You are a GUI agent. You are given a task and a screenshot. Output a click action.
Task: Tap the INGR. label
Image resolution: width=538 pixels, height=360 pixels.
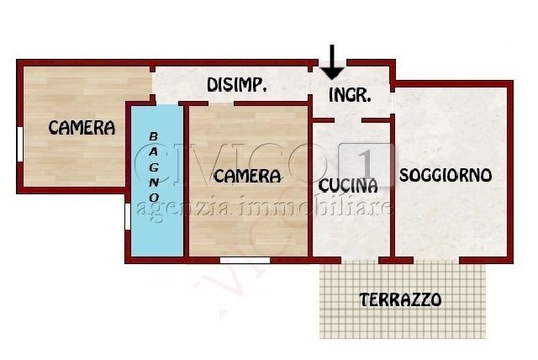coord(350,94)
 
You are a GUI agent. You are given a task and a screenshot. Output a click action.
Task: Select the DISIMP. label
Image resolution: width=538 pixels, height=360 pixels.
coord(237,85)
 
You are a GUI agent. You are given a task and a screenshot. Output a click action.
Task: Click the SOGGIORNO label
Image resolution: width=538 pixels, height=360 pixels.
coord(446,176)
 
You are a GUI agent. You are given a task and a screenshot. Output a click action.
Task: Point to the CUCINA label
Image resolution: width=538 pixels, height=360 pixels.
coord(348,185)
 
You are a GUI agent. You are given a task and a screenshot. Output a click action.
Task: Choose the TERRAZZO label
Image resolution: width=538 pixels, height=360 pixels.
coord(400,299)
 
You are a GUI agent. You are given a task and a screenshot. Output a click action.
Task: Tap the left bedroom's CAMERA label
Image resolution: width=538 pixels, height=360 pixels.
coord(82,128)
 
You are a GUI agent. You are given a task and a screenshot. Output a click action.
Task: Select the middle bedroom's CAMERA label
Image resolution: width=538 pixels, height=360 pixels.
coord(246,177)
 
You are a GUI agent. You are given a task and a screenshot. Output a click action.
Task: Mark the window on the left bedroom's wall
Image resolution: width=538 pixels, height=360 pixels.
coord(19,142)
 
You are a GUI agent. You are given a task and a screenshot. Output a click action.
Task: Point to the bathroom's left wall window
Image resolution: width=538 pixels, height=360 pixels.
coord(127,215)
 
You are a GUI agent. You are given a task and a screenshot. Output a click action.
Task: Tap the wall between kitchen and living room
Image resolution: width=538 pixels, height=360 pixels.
coord(393,193)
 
